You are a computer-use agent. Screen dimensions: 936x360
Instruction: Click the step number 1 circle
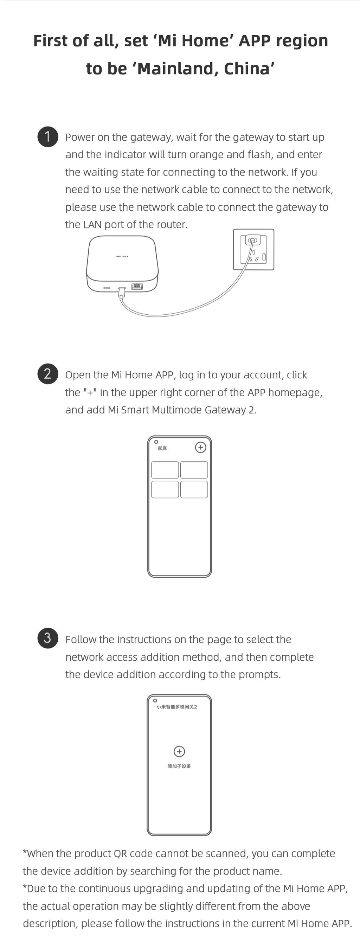47,137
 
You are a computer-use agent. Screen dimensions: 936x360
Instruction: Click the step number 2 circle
47,374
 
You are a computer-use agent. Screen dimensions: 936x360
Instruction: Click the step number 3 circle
47,638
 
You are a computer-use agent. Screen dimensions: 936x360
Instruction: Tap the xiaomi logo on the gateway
122,257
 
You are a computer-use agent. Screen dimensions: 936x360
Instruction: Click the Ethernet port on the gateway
137,286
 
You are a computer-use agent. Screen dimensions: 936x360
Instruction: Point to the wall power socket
253,250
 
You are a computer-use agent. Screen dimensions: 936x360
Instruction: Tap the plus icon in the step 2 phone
200,447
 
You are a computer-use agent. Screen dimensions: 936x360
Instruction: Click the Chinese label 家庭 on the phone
162,448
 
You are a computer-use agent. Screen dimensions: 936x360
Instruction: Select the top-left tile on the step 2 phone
165,470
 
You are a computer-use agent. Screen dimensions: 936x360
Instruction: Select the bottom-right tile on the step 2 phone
194,489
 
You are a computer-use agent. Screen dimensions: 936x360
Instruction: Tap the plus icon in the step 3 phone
179,751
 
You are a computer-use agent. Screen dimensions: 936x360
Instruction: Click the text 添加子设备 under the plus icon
179,766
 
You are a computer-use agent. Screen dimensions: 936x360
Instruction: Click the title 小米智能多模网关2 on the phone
176,707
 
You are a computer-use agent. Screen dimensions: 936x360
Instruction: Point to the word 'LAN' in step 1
92,225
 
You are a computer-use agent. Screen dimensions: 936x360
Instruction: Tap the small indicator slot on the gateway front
107,288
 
